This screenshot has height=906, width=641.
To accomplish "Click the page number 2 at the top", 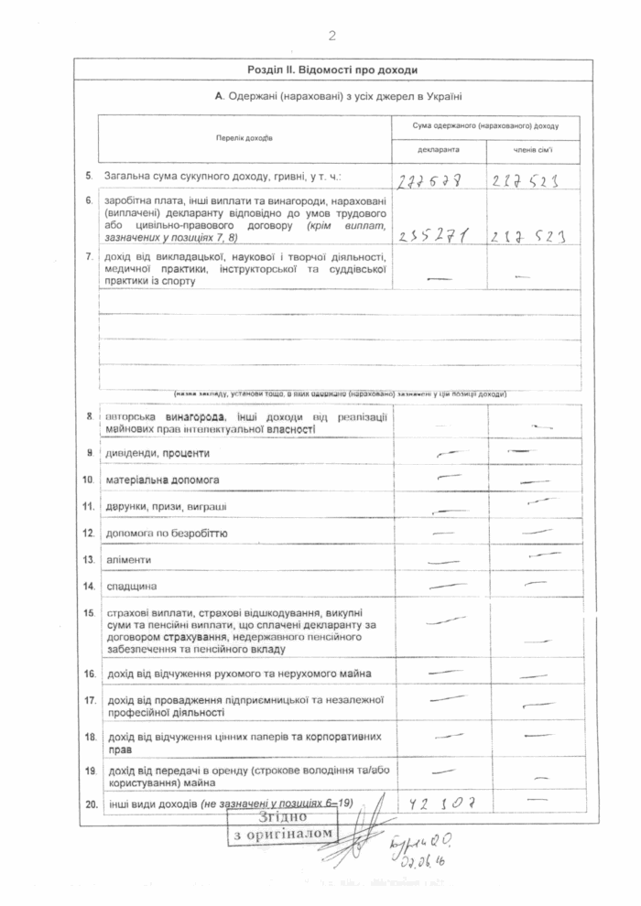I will pos(331,36).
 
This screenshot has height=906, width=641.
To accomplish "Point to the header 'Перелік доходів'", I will pos(244,138).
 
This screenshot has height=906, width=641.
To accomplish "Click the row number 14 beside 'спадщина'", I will pos(89,585).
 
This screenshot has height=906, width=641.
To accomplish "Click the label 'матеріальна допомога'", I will pos(161,479).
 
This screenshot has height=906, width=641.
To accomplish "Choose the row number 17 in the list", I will pos(89,700).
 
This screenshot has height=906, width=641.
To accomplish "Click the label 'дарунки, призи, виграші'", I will pos(166,506).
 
